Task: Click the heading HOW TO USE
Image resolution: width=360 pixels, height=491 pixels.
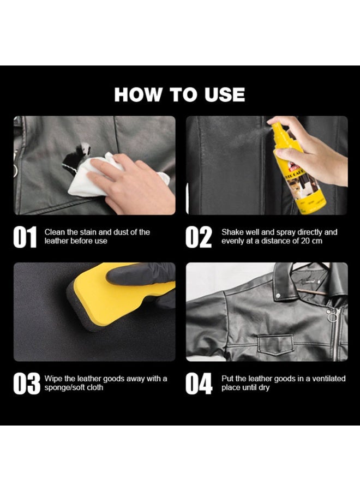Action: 179,94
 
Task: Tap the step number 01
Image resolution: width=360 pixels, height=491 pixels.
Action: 25,237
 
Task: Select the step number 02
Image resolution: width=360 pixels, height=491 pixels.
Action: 199,237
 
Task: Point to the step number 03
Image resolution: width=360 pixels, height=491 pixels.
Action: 26,384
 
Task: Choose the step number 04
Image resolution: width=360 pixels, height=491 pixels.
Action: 199,384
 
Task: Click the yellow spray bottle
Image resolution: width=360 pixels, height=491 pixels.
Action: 298,169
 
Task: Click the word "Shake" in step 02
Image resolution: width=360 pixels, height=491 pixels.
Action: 232,232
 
